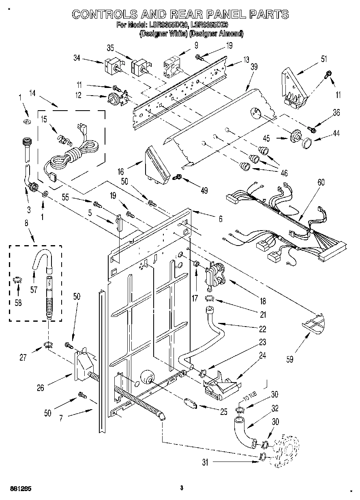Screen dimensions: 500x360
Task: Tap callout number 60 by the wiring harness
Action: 321,182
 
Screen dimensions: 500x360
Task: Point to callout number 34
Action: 77,58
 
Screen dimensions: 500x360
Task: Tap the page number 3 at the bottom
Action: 182,487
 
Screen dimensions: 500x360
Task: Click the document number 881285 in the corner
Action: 18,488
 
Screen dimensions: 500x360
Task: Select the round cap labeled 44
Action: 307,143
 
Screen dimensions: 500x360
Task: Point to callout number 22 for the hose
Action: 262,329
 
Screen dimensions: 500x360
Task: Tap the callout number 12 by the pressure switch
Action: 78,96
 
